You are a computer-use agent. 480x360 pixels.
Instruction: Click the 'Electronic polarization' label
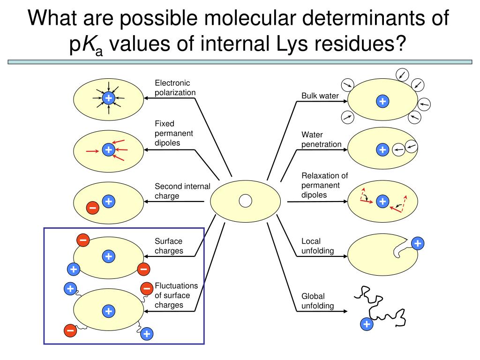tap(175, 88)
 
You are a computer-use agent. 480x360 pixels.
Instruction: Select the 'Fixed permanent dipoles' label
tap(174, 133)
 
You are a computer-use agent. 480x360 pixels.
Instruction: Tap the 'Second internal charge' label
tap(182, 191)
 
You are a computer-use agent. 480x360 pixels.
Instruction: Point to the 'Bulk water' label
tap(320, 96)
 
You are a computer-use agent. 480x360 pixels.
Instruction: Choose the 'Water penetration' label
tap(321, 139)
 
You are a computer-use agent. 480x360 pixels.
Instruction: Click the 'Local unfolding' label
tap(317, 246)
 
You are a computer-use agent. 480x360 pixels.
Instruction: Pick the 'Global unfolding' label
tap(317, 301)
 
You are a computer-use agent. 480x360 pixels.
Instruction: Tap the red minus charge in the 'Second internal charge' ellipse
tap(92, 208)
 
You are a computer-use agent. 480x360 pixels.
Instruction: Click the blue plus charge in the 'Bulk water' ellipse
tap(382, 101)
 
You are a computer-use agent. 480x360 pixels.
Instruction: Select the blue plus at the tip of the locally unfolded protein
tap(417, 243)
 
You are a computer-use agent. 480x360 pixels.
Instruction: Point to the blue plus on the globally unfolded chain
tap(367, 324)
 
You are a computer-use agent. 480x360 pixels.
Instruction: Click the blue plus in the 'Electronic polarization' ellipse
tap(108, 98)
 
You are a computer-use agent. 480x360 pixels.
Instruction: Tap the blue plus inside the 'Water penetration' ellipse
tap(382, 150)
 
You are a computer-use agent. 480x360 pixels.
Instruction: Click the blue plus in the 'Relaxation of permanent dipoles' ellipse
tap(382, 202)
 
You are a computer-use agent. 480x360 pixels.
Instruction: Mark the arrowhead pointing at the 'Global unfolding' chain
tap(345, 311)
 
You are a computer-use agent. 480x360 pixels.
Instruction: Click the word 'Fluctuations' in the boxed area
tap(176, 286)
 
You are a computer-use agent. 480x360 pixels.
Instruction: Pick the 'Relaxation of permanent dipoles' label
tap(324, 185)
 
